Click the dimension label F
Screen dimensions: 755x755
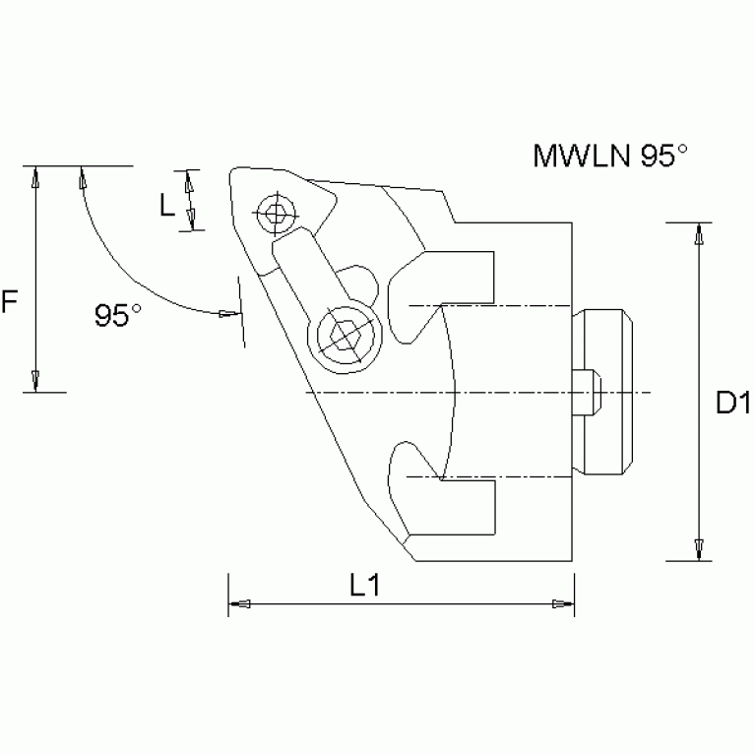point(10,302)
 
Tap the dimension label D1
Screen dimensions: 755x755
point(733,402)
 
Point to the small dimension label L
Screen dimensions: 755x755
point(167,205)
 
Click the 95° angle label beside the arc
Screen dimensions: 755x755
point(118,315)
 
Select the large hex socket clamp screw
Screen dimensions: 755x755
point(343,335)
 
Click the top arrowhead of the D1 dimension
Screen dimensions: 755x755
point(698,235)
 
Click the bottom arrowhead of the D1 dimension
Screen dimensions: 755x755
point(698,547)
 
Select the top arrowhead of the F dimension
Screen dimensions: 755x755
point(35,178)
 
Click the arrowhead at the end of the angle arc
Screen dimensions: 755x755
point(229,314)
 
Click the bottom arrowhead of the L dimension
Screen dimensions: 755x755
point(191,220)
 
